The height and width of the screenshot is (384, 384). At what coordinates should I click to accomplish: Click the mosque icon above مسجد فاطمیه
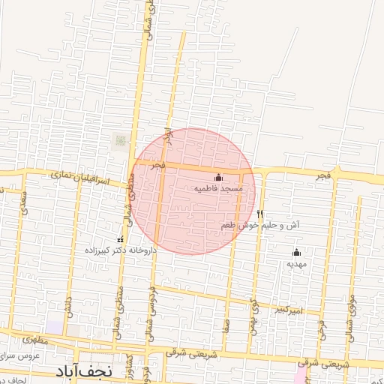click(x=218, y=178)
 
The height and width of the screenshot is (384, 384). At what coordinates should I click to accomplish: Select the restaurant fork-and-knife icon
click(x=259, y=214)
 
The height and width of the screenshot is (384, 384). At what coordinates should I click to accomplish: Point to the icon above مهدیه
click(x=296, y=252)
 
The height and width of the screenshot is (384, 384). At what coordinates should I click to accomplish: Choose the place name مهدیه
click(x=297, y=264)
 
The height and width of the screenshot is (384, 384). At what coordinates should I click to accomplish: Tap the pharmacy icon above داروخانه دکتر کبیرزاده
click(x=121, y=239)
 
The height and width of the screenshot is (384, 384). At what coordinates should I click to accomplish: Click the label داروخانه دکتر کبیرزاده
click(x=121, y=251)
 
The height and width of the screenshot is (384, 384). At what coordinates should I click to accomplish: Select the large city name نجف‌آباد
click(x=83, y=371)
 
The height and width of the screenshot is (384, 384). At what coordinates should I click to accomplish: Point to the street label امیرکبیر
click(x=288, y=309)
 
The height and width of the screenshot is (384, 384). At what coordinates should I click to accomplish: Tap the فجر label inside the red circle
click(x=157, y=163)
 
